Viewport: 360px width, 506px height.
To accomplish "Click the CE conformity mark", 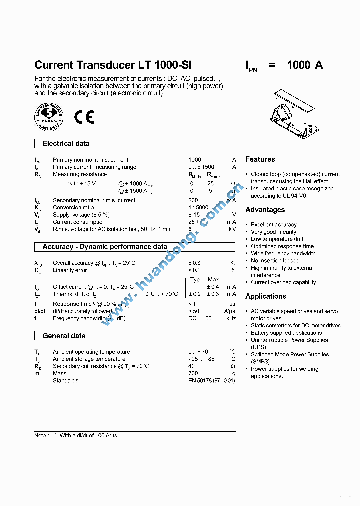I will [x=84, y=117].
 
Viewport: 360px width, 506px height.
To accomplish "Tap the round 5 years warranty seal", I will [x=49, y=117].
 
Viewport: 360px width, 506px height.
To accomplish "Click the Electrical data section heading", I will [x=66, y=144].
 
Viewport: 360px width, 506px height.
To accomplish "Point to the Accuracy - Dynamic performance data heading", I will [x=105, y=247].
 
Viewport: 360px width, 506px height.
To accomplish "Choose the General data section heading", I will [x=64, y=336].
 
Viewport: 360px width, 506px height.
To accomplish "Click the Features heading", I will [x=260, y=159].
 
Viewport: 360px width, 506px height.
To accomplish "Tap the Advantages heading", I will [x=265, y=210].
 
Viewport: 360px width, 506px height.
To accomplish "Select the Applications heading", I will [x=266, y=296].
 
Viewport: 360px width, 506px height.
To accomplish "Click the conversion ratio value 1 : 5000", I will [x=198, y=208].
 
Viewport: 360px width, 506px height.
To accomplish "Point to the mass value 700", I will [x=193, y=373].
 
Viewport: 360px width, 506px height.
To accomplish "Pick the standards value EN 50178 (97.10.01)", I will [x=211, y=381].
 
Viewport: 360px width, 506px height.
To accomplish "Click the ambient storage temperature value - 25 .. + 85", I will [x=201, y=359].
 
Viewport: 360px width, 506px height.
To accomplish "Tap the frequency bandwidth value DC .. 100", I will [x=200, y=318].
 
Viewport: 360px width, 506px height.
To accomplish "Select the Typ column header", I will [x=195, y=280].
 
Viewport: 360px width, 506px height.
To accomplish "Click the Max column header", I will [x=213, y=280].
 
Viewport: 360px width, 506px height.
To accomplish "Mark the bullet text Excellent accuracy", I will [x=273, y=225].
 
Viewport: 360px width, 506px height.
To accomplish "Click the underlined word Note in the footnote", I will [x=40, y=436].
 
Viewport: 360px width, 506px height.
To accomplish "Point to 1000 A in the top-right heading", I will [x=305, y=65].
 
